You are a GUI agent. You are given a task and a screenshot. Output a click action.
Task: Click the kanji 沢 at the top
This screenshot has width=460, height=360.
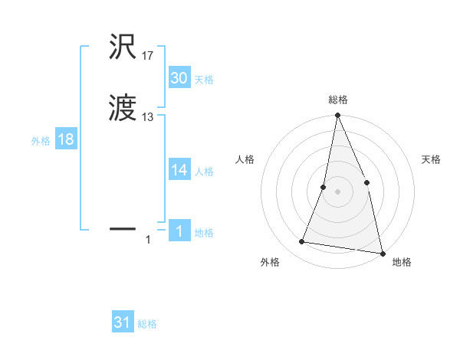123,47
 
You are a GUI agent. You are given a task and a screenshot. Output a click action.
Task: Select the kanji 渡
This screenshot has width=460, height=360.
123,110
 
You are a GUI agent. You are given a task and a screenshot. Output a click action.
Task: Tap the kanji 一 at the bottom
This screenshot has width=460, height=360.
123,228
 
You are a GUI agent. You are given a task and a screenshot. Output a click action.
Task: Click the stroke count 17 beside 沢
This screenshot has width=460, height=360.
147,56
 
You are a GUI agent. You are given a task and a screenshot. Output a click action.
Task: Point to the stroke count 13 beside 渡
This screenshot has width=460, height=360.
147,117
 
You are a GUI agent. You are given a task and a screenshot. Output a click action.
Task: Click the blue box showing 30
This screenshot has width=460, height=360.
179,78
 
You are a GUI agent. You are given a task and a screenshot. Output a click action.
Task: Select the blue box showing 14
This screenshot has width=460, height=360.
179,170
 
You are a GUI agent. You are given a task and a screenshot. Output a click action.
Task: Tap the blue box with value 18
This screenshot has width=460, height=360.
65,139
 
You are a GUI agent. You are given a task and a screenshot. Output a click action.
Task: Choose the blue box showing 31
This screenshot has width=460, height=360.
122,322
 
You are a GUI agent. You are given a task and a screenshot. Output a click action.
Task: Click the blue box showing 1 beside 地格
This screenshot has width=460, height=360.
179,231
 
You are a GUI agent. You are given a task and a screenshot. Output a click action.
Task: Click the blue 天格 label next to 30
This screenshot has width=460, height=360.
204,80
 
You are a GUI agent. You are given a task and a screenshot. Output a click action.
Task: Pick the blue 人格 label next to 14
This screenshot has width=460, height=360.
204,172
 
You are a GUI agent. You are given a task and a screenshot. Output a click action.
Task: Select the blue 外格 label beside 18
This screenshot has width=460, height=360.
41,141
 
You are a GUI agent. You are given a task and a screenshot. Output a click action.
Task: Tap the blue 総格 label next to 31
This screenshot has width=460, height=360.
147,324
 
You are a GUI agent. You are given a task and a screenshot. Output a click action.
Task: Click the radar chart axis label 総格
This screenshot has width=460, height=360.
337,100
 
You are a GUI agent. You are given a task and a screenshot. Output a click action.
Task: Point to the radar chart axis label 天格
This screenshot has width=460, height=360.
431,159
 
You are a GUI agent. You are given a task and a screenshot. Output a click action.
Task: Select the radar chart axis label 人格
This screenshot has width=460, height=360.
245,159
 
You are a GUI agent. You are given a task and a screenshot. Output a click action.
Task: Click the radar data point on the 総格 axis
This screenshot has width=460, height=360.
337,116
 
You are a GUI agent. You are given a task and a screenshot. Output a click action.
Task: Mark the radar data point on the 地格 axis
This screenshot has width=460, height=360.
382,252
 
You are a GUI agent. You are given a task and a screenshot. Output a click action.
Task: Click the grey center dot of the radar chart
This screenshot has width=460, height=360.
337,191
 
